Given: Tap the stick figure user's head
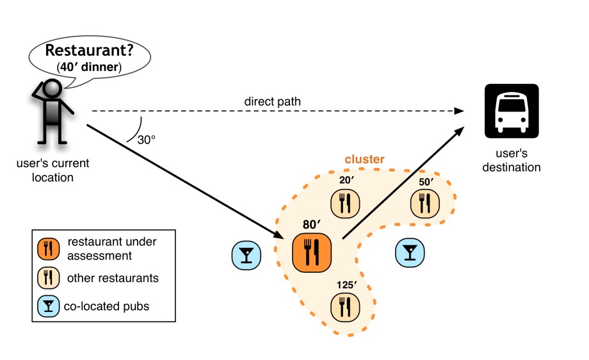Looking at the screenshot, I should pos(51,88).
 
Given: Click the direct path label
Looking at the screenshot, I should pos(272,101).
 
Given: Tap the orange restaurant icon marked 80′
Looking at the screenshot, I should pos(311,252).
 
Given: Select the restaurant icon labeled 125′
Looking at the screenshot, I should pos(345,307).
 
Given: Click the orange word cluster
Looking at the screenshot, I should pos(364,159).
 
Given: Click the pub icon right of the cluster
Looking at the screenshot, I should pos(409,252).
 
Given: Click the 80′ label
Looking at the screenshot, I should pos(311,225).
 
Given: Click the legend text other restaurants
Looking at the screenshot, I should pos(113,278).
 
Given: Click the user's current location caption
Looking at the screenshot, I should pos(52,170).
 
